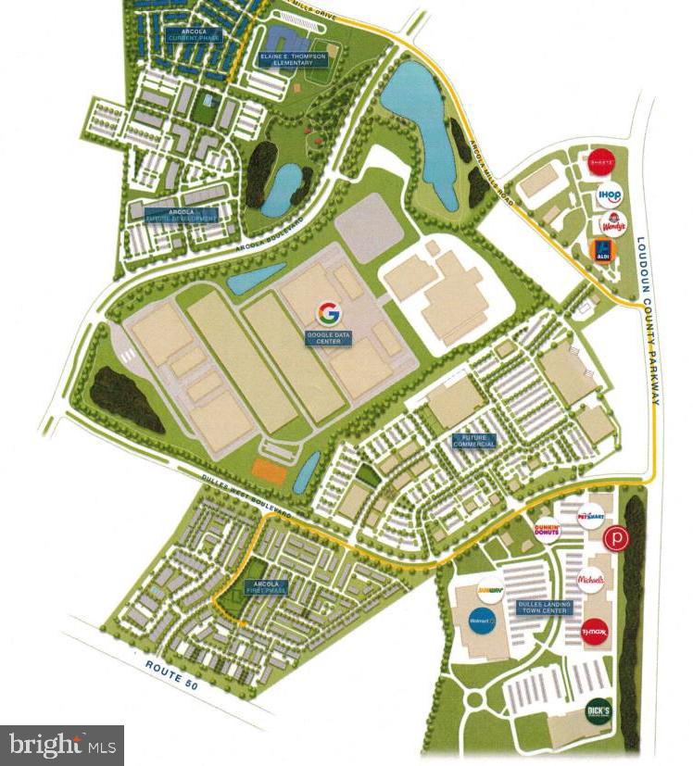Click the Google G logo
tap(328, 311)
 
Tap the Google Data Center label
tap(328, 337)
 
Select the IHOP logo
tap(610, 195)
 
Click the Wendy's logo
tap(611, 222)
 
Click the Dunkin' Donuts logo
tap(548, 531)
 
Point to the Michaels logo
tap(591, 581)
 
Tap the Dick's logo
tap(598, 712)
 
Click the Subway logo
tap(489, 586)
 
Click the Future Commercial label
tap(473, 441)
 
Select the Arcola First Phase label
tap(268, 587)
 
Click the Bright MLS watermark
tap(61, 744)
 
